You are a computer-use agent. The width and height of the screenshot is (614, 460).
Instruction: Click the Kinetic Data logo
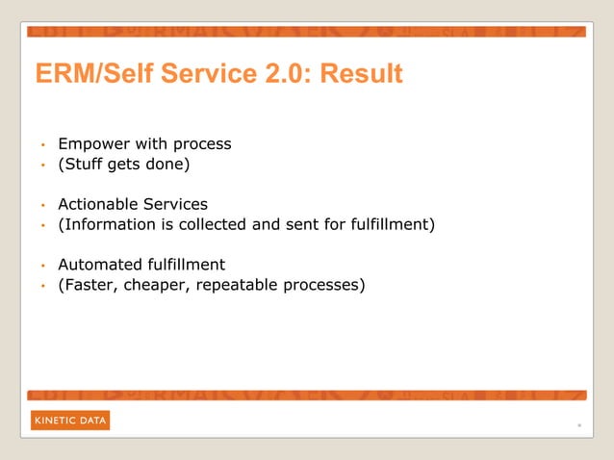[x=70, y=421]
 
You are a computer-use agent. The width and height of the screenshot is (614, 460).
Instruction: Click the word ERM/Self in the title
[x=85, y=74]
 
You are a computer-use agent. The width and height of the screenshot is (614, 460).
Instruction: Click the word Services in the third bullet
[x=177, y=204]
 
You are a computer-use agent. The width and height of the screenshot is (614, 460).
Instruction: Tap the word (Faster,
[x=89, y=285]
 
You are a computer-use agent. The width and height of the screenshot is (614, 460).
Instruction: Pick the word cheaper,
[x=158, y=285]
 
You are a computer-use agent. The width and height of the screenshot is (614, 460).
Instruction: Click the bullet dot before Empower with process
[x=42, y=146]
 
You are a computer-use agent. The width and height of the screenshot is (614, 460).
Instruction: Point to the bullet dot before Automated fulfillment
[x=42, y=266]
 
